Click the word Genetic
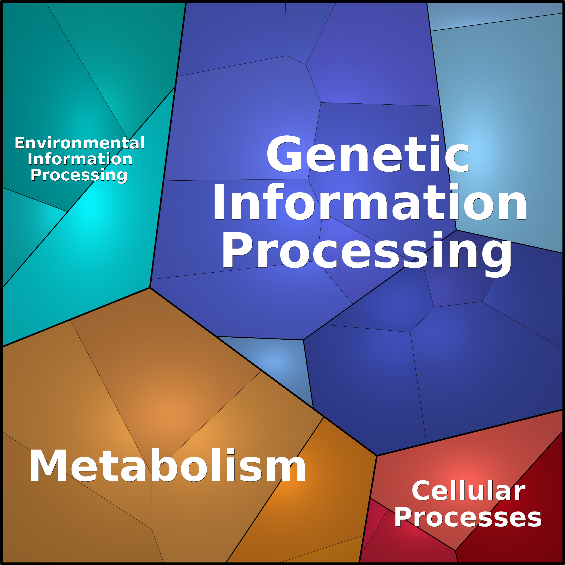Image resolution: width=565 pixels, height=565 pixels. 368,154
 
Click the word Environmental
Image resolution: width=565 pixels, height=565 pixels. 80,143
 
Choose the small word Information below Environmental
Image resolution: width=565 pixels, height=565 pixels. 80,159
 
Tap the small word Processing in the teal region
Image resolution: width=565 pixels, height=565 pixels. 79,175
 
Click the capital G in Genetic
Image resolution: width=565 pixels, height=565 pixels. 284,154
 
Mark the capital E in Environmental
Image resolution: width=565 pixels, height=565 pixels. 20,143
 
